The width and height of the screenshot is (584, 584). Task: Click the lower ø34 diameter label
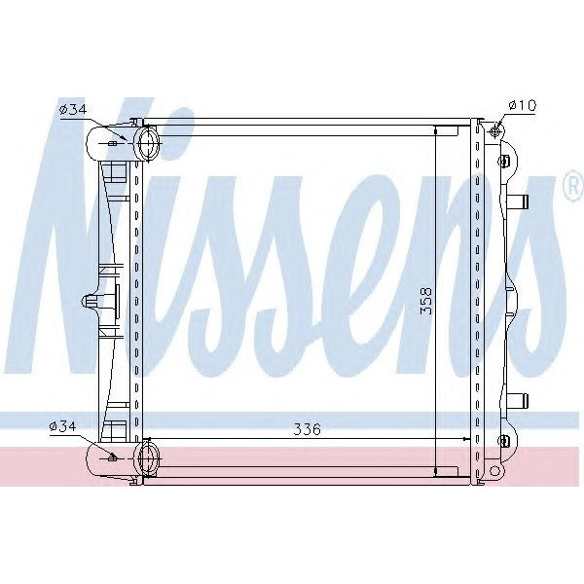[64, 425]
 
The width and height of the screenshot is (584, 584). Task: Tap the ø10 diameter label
[521, 105]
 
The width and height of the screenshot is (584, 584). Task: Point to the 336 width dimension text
[309, 428]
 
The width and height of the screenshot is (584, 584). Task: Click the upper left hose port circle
[149, 145]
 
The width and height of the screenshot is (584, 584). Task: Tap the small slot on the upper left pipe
[115, 143]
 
